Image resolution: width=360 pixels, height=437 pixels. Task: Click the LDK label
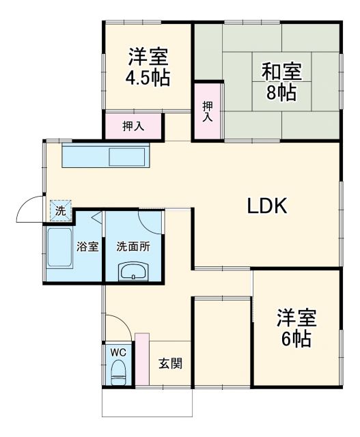coord(269,206)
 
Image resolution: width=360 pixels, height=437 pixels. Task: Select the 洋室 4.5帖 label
coord(148,66)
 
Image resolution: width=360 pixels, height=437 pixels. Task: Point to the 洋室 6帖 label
coord(297,328)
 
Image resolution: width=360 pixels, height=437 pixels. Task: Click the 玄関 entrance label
coord(171,363)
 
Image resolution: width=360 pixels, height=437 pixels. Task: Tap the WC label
coord(119,352)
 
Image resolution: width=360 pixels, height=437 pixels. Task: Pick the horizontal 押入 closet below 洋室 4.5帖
coord(133,126)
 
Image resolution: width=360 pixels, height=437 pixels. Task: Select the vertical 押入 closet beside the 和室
coord(207,111)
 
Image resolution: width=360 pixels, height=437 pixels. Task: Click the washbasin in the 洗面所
coord(133,272)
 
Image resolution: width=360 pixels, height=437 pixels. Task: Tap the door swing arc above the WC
coord(115,326)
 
